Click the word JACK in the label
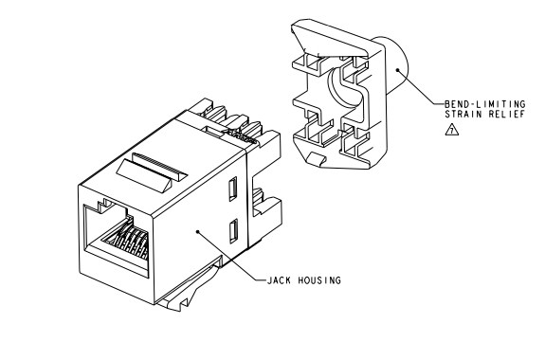(x=279, y=280)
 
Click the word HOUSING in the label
(x=319, y=280)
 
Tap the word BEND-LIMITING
(x=485, y=104)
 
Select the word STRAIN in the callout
(x=463, y=115)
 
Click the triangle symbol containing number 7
(x=452, y=131)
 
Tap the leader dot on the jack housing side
(x=198, y=231)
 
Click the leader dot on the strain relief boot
(x=397, y=70)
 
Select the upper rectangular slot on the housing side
(x=232, y=189)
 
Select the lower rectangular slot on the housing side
(x=233, y=231)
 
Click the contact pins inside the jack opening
(x=129, y=240)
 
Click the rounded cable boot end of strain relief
(x=396, y=65)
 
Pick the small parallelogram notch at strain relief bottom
(x=316, y=158)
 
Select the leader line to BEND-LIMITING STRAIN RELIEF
(x=421, y=87)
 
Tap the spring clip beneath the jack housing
(x=190, y=286)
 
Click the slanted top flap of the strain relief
(x=329, y=38)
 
